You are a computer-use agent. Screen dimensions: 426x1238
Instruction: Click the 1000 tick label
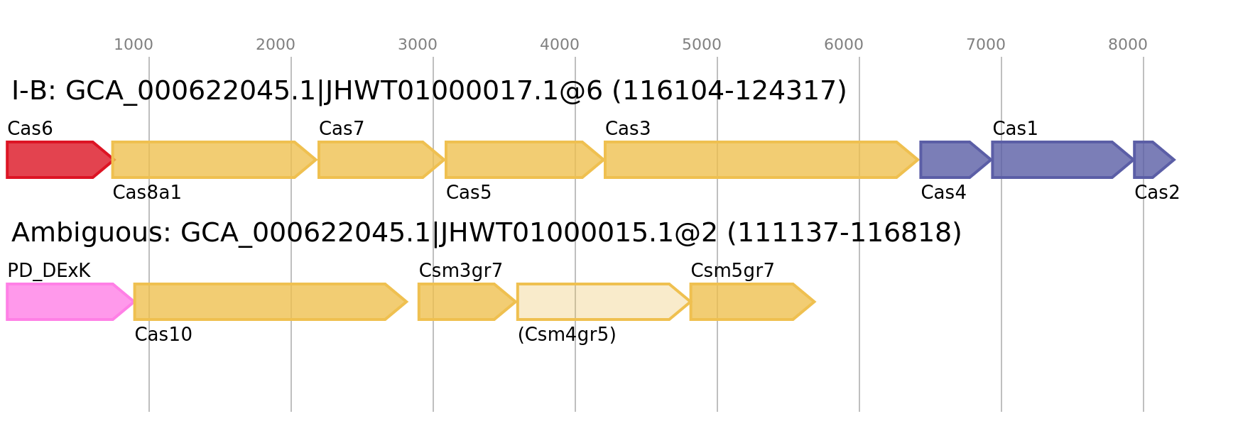click(x=134, y=45)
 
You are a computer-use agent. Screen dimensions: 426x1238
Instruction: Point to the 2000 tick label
click(x=276, y=45)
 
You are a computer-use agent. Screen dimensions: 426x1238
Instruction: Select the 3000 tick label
click(x=418, y=45)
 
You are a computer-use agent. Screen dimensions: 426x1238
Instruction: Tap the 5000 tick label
click(x=702, y=45)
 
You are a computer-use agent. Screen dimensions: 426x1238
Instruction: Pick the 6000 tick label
click(x=844, y=45)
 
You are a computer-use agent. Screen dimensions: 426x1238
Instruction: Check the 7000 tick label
click(x=986, y=45)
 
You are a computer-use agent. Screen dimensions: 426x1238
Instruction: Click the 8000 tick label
click(x=1128, y=45)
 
